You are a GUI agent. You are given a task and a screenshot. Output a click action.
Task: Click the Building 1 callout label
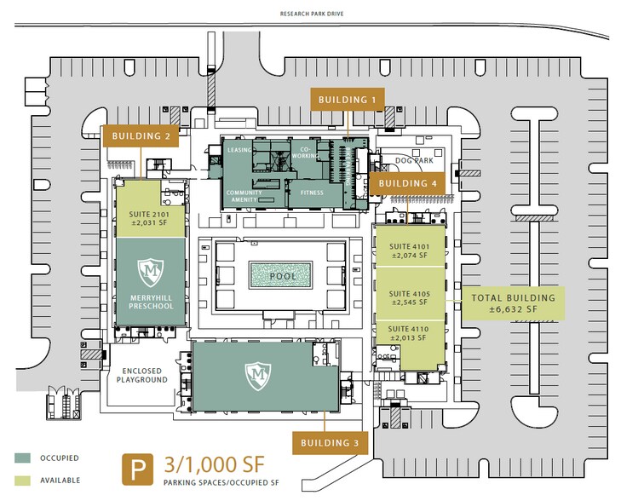coord(348,100)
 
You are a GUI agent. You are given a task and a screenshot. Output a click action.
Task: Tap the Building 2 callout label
coord(141,135)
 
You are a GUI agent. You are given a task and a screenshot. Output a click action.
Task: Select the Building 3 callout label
coord(330,443)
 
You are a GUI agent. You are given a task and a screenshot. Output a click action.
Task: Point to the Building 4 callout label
coord(407,183)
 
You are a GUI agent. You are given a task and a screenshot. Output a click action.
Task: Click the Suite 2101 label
coord(149,218)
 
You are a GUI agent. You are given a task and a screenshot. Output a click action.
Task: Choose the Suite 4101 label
coord(410,251)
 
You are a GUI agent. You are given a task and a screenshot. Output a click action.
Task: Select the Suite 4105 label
coord(410,298)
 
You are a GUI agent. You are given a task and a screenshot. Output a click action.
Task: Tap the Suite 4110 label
coord(408,333)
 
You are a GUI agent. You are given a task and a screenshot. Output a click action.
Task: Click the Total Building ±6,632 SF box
coord(514,303)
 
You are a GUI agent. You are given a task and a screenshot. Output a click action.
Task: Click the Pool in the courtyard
coord(281,275)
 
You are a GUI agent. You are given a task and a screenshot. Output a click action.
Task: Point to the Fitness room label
coord(312,193)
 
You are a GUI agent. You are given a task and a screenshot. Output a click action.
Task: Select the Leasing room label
coord(239,150)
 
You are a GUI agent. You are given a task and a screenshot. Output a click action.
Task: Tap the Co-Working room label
coord(305,153)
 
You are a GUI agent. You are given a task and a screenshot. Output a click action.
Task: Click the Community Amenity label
coord(244,196)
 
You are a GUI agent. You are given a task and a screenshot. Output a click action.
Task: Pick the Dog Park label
coord(414,160)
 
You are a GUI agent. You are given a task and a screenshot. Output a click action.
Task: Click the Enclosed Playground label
coord(141,375)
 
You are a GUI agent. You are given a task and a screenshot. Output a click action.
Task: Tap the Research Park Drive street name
coord(312,14)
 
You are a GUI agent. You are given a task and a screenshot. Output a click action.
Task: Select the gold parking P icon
coord(137,469)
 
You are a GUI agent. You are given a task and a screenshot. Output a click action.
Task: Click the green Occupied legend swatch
coord(23,458)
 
